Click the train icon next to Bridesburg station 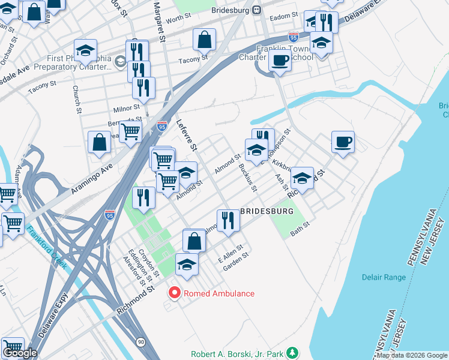(256, 10)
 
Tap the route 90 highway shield (140, 341)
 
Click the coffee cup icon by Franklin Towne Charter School (280, 60)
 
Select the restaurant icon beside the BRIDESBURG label (228, 220)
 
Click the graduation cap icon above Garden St (187, 264)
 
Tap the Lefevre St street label (187, 136)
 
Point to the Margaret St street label (160, 21)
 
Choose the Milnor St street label (127, 109)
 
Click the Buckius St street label (247, 178)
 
